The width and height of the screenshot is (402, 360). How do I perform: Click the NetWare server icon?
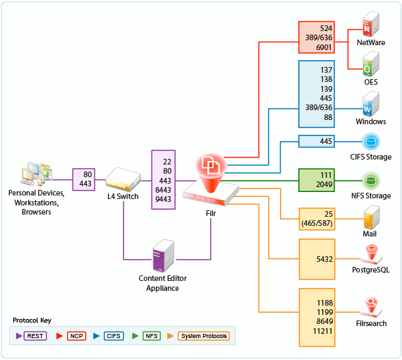pos(371,24)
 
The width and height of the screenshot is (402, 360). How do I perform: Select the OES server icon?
pos(371,64)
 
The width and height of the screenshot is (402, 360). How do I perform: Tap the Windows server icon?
pos(371,103)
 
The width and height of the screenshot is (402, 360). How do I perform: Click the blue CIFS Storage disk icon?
pos(371,141)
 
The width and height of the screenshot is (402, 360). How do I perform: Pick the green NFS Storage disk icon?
pos(371,181)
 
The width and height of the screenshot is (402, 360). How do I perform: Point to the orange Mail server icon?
pos(372,217)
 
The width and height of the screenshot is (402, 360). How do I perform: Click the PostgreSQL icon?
pos(371,255)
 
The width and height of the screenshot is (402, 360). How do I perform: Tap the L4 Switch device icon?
pos(123,179)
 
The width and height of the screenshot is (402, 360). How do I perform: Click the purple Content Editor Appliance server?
pos(164,256)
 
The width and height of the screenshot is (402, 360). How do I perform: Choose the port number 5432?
pos(324,259)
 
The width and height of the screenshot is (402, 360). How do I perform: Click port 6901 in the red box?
pos(324,47)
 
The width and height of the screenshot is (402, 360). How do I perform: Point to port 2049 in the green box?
pos(324,184)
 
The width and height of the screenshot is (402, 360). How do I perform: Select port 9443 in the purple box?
pos(163,199)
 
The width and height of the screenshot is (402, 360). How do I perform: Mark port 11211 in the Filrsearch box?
pos(322,331)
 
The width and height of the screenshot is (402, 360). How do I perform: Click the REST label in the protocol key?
pos(35,336)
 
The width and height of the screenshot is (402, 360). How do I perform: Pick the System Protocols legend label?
pos(204,336)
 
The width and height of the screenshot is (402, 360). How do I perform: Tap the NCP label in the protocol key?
pos(76,336)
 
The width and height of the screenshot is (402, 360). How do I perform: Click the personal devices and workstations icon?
pos(37,174)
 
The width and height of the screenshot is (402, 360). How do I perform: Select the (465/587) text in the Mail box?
pos(317,223)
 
